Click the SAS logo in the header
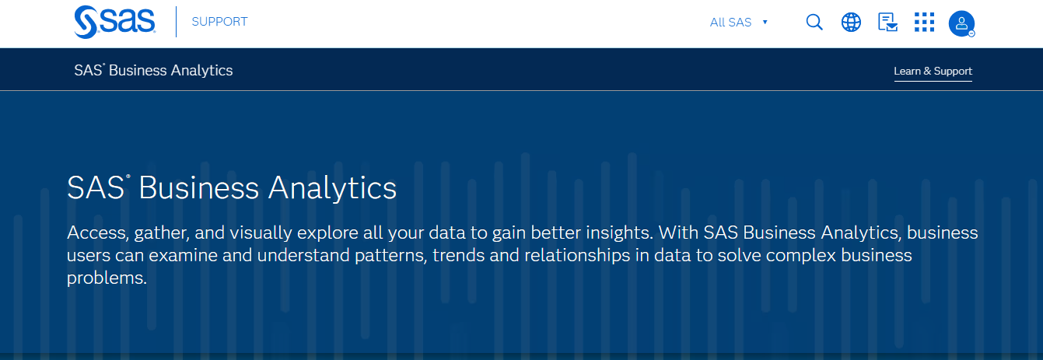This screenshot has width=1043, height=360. tap(114, 22)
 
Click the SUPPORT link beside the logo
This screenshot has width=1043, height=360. tap(219, 22)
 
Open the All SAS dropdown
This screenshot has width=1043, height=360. tap(731, 23)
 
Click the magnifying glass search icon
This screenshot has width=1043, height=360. tap(814, 22)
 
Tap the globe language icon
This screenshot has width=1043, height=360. tap(851, 22)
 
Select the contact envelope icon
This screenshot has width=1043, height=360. tap(887, 22)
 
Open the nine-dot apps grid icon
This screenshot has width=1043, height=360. tap(924, 22)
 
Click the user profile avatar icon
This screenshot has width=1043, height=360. tap(961, 23)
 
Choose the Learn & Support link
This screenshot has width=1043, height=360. tap(933, 71)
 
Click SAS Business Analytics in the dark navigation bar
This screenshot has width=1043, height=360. tap(153, 70)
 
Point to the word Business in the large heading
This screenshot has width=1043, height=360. tap(198, 188)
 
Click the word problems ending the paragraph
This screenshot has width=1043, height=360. tap(107, 278)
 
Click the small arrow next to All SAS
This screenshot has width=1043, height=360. tap(765, 23)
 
